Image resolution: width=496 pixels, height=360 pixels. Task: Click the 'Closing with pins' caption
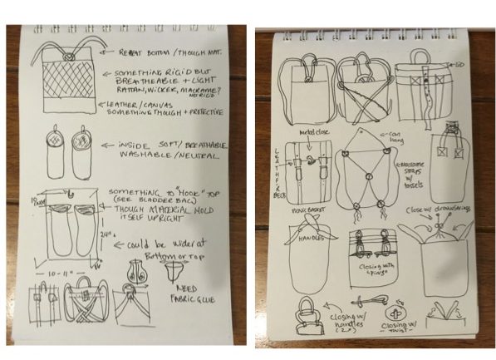point(372,269)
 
